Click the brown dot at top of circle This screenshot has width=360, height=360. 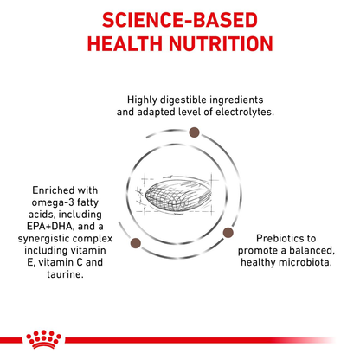pyautogui.click(x=195, y=132)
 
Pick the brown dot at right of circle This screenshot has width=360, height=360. pyautogui.click(x=228, y=231)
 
